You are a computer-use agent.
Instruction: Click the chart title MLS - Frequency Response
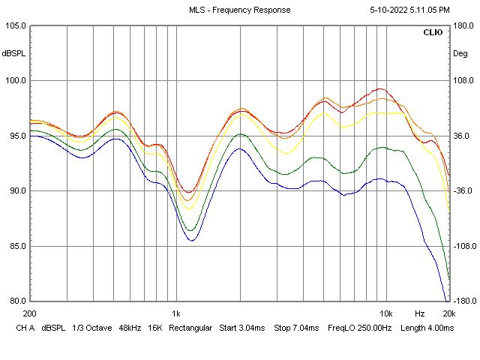pos(239,10)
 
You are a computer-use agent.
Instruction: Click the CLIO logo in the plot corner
pos(433,33)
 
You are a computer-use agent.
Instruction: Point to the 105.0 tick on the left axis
pos(16,25)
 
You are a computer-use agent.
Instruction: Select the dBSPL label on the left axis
pos(13,53)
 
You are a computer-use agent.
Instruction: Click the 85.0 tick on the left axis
pos(16,246)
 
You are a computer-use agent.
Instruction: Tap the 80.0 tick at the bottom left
pos(16,301)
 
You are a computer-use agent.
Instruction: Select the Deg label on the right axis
pos(460,53)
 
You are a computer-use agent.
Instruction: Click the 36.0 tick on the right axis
pos(460,136)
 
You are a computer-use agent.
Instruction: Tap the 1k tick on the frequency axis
pos(176,313)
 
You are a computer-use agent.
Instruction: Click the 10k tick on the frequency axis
pos(385,313)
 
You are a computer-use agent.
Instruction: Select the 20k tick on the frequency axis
pos(448,313)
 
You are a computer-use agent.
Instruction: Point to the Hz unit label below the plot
pos(420,313)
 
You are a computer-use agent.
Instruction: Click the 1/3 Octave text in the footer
pos(94,328)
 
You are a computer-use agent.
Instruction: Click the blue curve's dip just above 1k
pos(192,240)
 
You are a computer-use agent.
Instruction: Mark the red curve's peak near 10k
pos(380,88)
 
